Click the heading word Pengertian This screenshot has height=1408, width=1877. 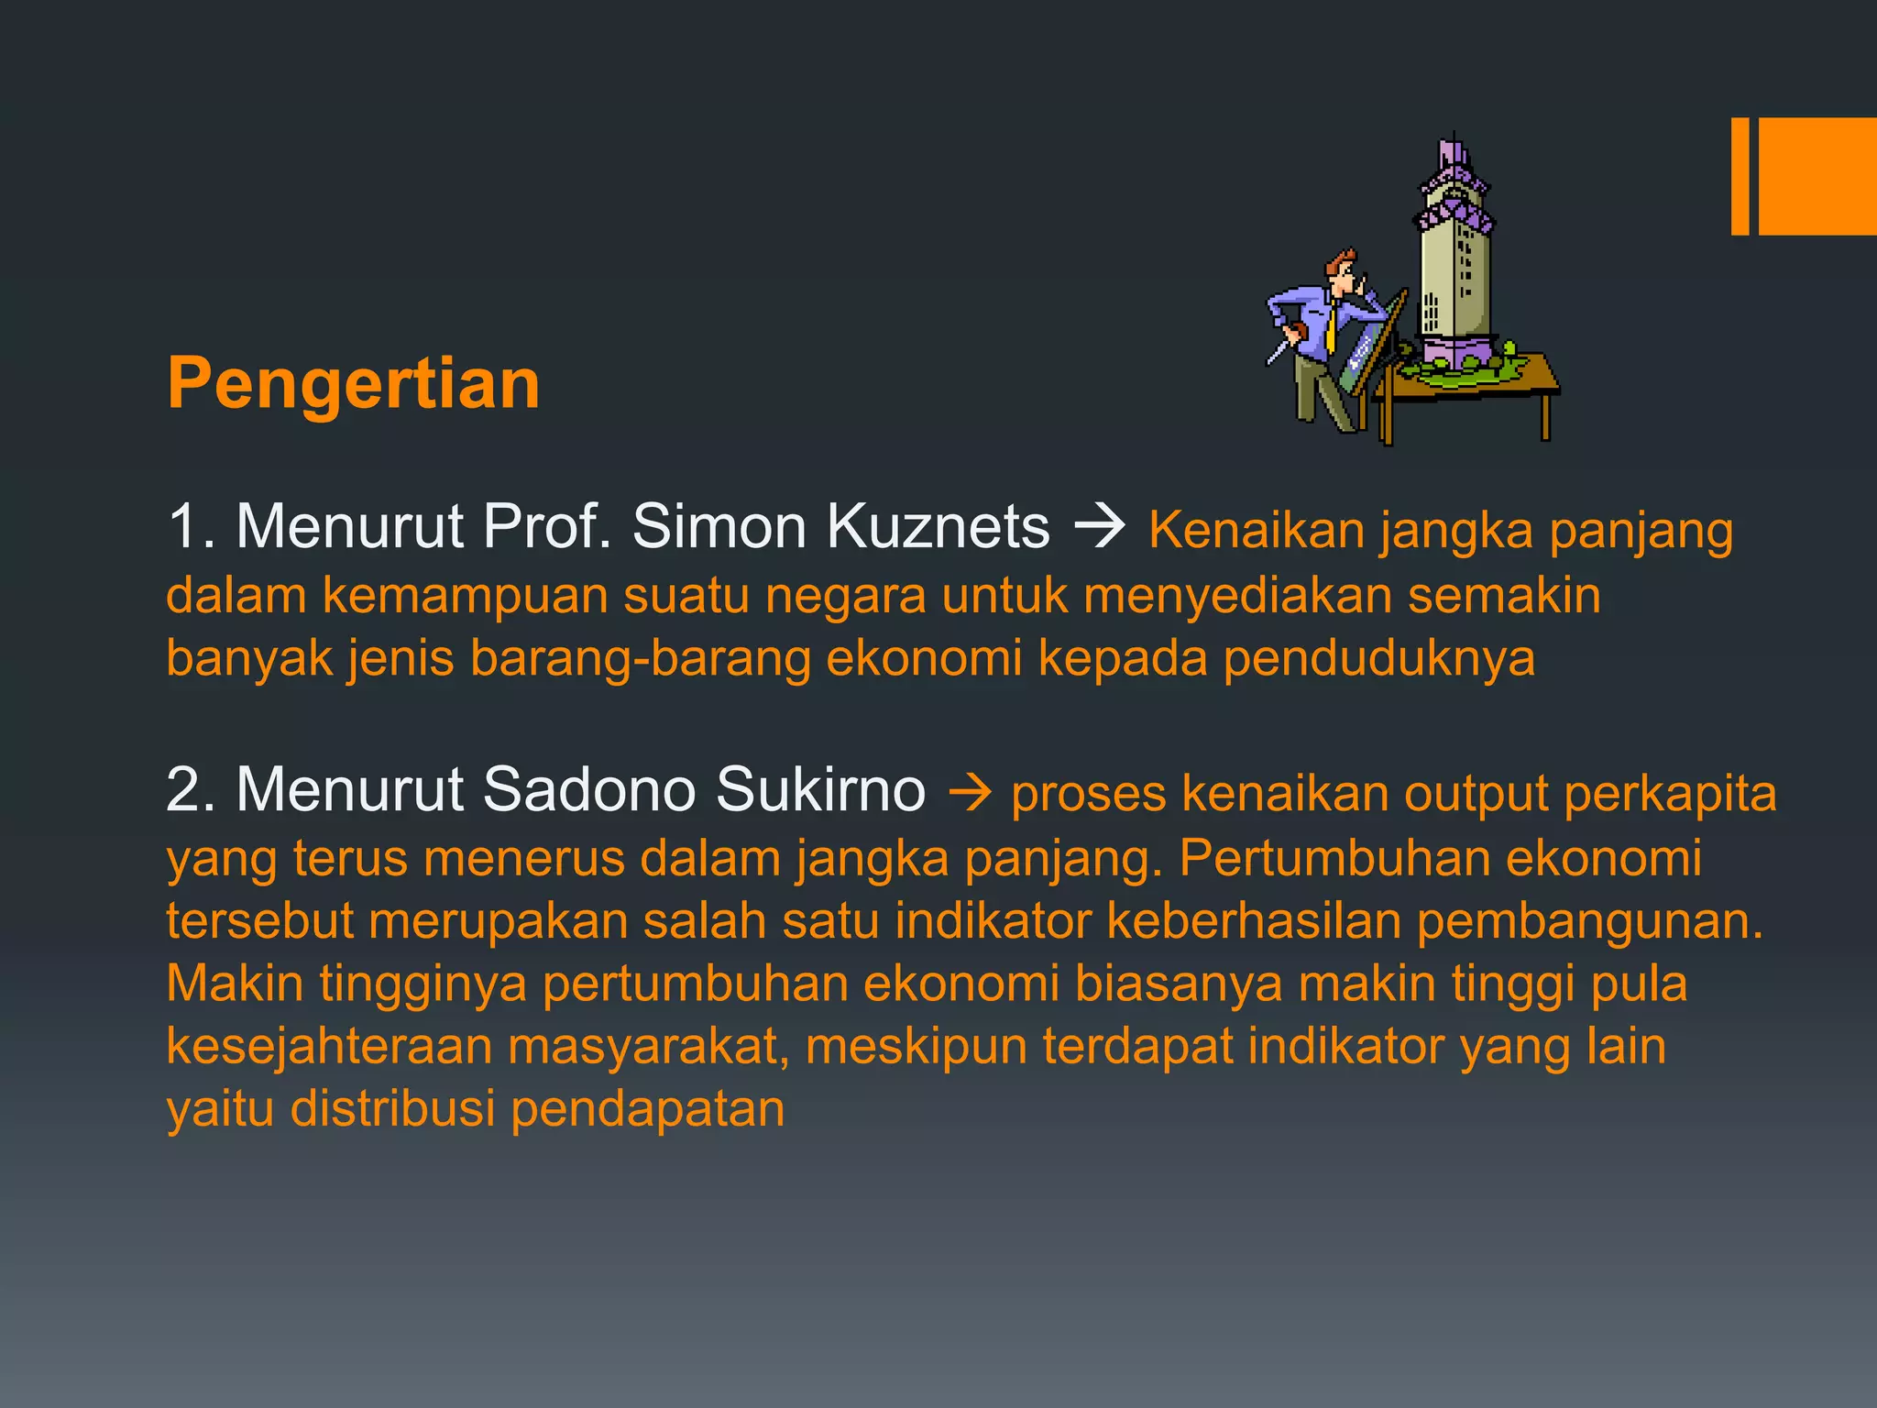coord(353,383)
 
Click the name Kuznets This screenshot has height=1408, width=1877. coord(938,527)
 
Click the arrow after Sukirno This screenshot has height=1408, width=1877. coord(969,792)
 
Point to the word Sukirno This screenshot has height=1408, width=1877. coord(820,789)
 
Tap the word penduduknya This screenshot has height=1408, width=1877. coord(1378,658)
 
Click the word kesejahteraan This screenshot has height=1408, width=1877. coord(329,1046)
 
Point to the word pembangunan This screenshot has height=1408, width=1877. coord(1589,920)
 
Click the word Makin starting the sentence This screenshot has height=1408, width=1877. coord(235,984)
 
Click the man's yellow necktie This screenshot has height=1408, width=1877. coord(1331,330)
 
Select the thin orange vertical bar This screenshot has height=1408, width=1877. coord(1740,176)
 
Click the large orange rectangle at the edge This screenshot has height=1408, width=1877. coord(1817,176)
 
